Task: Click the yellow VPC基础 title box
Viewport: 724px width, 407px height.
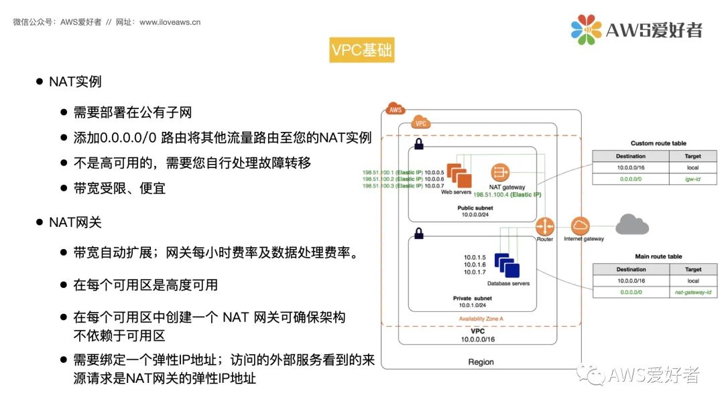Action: [362, 51]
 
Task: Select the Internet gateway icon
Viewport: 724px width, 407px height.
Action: [581, 226]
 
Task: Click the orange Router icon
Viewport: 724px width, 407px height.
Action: [545, 226]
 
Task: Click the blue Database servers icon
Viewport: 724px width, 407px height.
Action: [507, 265]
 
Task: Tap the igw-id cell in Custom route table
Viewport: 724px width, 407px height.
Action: [693, 179]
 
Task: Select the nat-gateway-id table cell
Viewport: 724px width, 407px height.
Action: [693, 293]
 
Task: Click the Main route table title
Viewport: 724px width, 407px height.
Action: [658, 256]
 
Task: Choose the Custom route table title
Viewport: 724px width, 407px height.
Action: [658, 143]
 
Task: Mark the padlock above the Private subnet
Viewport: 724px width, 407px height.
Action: [418, 234]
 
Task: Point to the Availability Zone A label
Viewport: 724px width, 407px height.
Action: [481, 319]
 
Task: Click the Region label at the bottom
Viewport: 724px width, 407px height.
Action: [481, 362]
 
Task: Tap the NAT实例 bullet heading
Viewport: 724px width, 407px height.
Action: [75, 82]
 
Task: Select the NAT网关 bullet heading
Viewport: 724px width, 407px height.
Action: [75, 222]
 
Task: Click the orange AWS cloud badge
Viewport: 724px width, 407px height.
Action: [396, 109]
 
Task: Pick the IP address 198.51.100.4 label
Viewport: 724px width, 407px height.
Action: [507, 194]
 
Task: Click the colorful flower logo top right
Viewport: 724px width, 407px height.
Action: [587, 29]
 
